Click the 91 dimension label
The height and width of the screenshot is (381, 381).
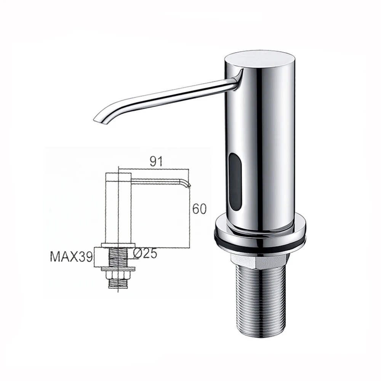pyautogui.click(x=156, y=161)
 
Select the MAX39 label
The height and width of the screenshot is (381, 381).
pyautogui.click(x=71, y=256)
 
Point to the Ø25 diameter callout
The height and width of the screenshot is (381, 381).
pyautogui.click(x=145, y=253)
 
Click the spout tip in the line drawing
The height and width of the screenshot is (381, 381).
pyautogui.click(x=187, y=185)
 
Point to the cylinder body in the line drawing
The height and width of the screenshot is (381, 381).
pyautogui.click(x=118, y=210)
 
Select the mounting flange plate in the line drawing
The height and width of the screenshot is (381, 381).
pyautogui.click(x=118, y=245)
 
